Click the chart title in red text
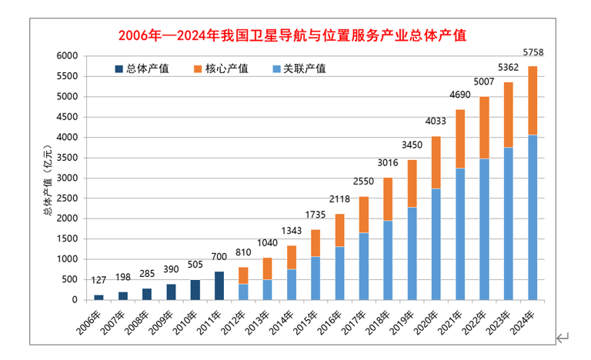[x=293, y=36]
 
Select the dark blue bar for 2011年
[x=219, y=285]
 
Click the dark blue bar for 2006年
[x=98, y=297]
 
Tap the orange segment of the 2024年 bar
[x=533, y=101]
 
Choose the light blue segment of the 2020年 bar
[x=436, y=244]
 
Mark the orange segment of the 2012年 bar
[x=242, y=275]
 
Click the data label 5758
[x=533, y=52]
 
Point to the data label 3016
[x=389, y=163]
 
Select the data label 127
[x=98, y=281]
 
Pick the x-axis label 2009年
[x=164, y=318]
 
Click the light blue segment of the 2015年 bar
[x=316, y=278]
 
